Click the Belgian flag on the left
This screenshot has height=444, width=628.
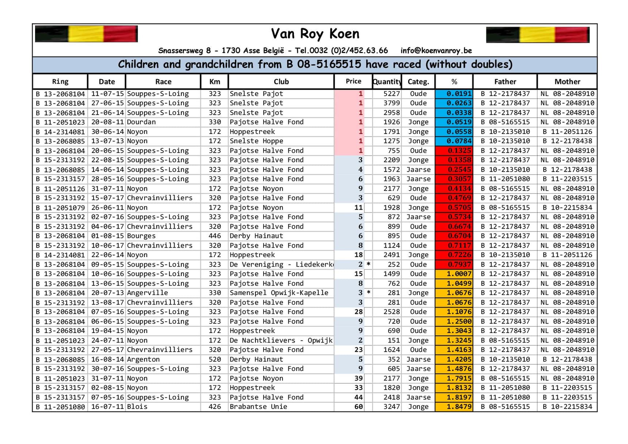86,34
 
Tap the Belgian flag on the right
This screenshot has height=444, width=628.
537,35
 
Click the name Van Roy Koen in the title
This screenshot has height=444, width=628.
315,34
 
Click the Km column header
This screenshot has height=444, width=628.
214,82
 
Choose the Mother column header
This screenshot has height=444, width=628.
567,82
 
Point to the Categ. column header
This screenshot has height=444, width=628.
418,82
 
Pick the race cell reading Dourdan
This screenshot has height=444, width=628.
141,122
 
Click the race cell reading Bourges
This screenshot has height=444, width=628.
141,236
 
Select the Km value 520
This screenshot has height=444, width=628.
215,359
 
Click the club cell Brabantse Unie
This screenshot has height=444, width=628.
258,407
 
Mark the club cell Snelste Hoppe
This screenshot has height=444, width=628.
256,141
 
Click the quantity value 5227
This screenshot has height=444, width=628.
391,94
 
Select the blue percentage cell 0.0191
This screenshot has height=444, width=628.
454,94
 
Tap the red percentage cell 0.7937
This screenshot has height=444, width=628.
454,264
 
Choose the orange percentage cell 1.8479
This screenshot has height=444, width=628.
454,407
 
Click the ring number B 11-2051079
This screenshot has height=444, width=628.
60,207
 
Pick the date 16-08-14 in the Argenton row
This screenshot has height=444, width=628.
107,359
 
